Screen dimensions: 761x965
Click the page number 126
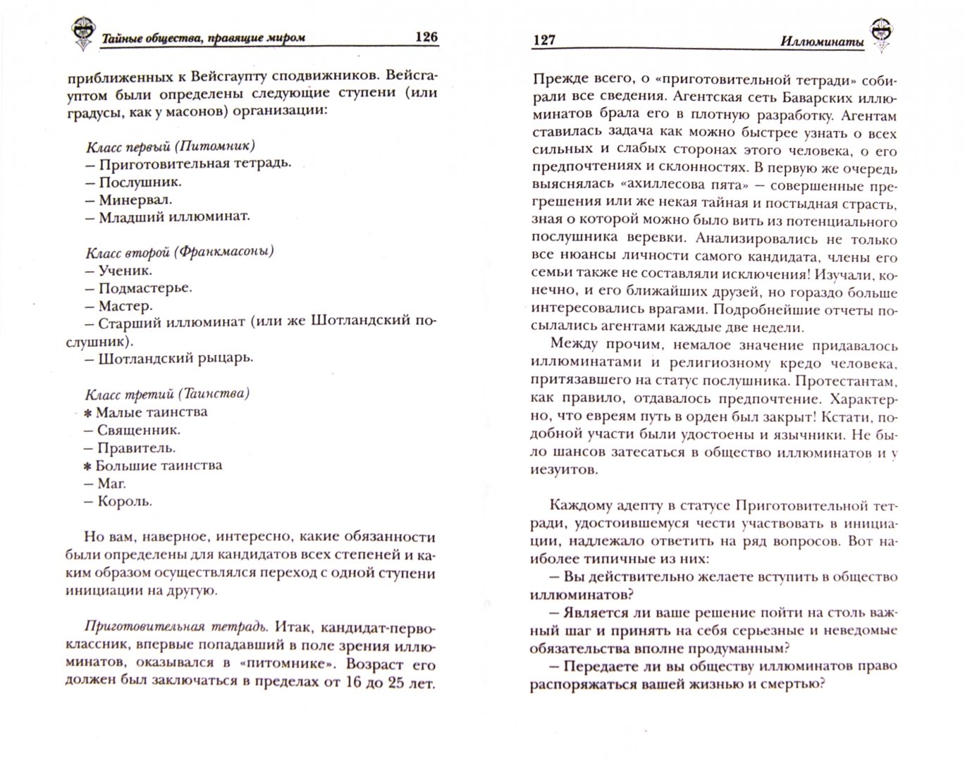tap(425, 37)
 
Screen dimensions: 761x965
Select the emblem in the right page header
tap(880, 33)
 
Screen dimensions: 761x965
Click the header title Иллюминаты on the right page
tap(822, 41)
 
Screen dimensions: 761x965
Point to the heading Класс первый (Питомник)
tap(170, 147)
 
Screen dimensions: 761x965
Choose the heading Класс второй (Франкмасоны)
tap(180, 251)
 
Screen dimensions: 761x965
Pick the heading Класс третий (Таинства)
tap(168, 394)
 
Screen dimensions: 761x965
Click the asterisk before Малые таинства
tap(88, 413)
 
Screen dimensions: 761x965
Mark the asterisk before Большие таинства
tap(88, 466)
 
